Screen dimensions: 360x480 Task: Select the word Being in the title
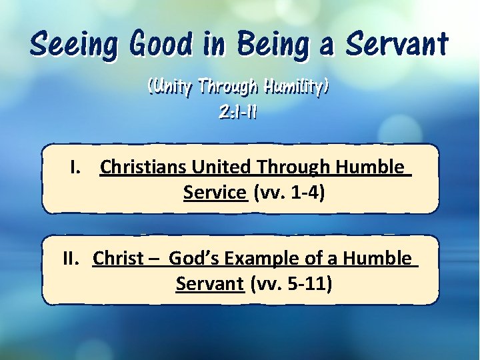point(270,45)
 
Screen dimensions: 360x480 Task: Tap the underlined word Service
point(214,193)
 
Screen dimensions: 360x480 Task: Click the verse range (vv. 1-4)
point(289,193)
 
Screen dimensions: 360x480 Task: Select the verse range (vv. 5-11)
point(291,284)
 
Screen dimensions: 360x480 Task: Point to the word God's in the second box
point(194,258)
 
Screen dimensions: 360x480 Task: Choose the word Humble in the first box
point(370,167)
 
